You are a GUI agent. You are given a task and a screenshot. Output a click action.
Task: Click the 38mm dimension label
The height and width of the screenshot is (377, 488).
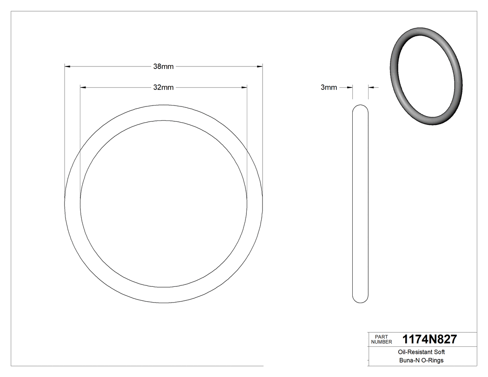163,66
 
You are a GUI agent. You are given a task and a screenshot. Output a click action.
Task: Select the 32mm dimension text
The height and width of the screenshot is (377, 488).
163,87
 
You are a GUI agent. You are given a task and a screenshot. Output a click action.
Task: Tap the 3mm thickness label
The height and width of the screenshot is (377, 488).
329,87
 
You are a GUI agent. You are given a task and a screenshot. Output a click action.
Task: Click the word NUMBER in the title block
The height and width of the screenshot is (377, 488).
382,342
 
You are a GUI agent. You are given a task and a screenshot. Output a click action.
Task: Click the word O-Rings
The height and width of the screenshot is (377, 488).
432,360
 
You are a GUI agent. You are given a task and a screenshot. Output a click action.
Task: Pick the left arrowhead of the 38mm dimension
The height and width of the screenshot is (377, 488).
67,67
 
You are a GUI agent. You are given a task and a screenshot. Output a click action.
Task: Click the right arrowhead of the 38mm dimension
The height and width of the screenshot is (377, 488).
260,67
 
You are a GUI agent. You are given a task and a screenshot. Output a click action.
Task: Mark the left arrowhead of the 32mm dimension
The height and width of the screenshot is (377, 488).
83,87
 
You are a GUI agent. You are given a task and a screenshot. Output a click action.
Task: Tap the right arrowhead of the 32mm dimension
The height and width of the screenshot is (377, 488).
244,87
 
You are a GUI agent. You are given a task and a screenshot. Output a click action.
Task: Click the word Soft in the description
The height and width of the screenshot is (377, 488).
440,352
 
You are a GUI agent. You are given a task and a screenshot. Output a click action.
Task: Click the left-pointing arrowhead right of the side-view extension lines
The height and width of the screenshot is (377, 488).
371,87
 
